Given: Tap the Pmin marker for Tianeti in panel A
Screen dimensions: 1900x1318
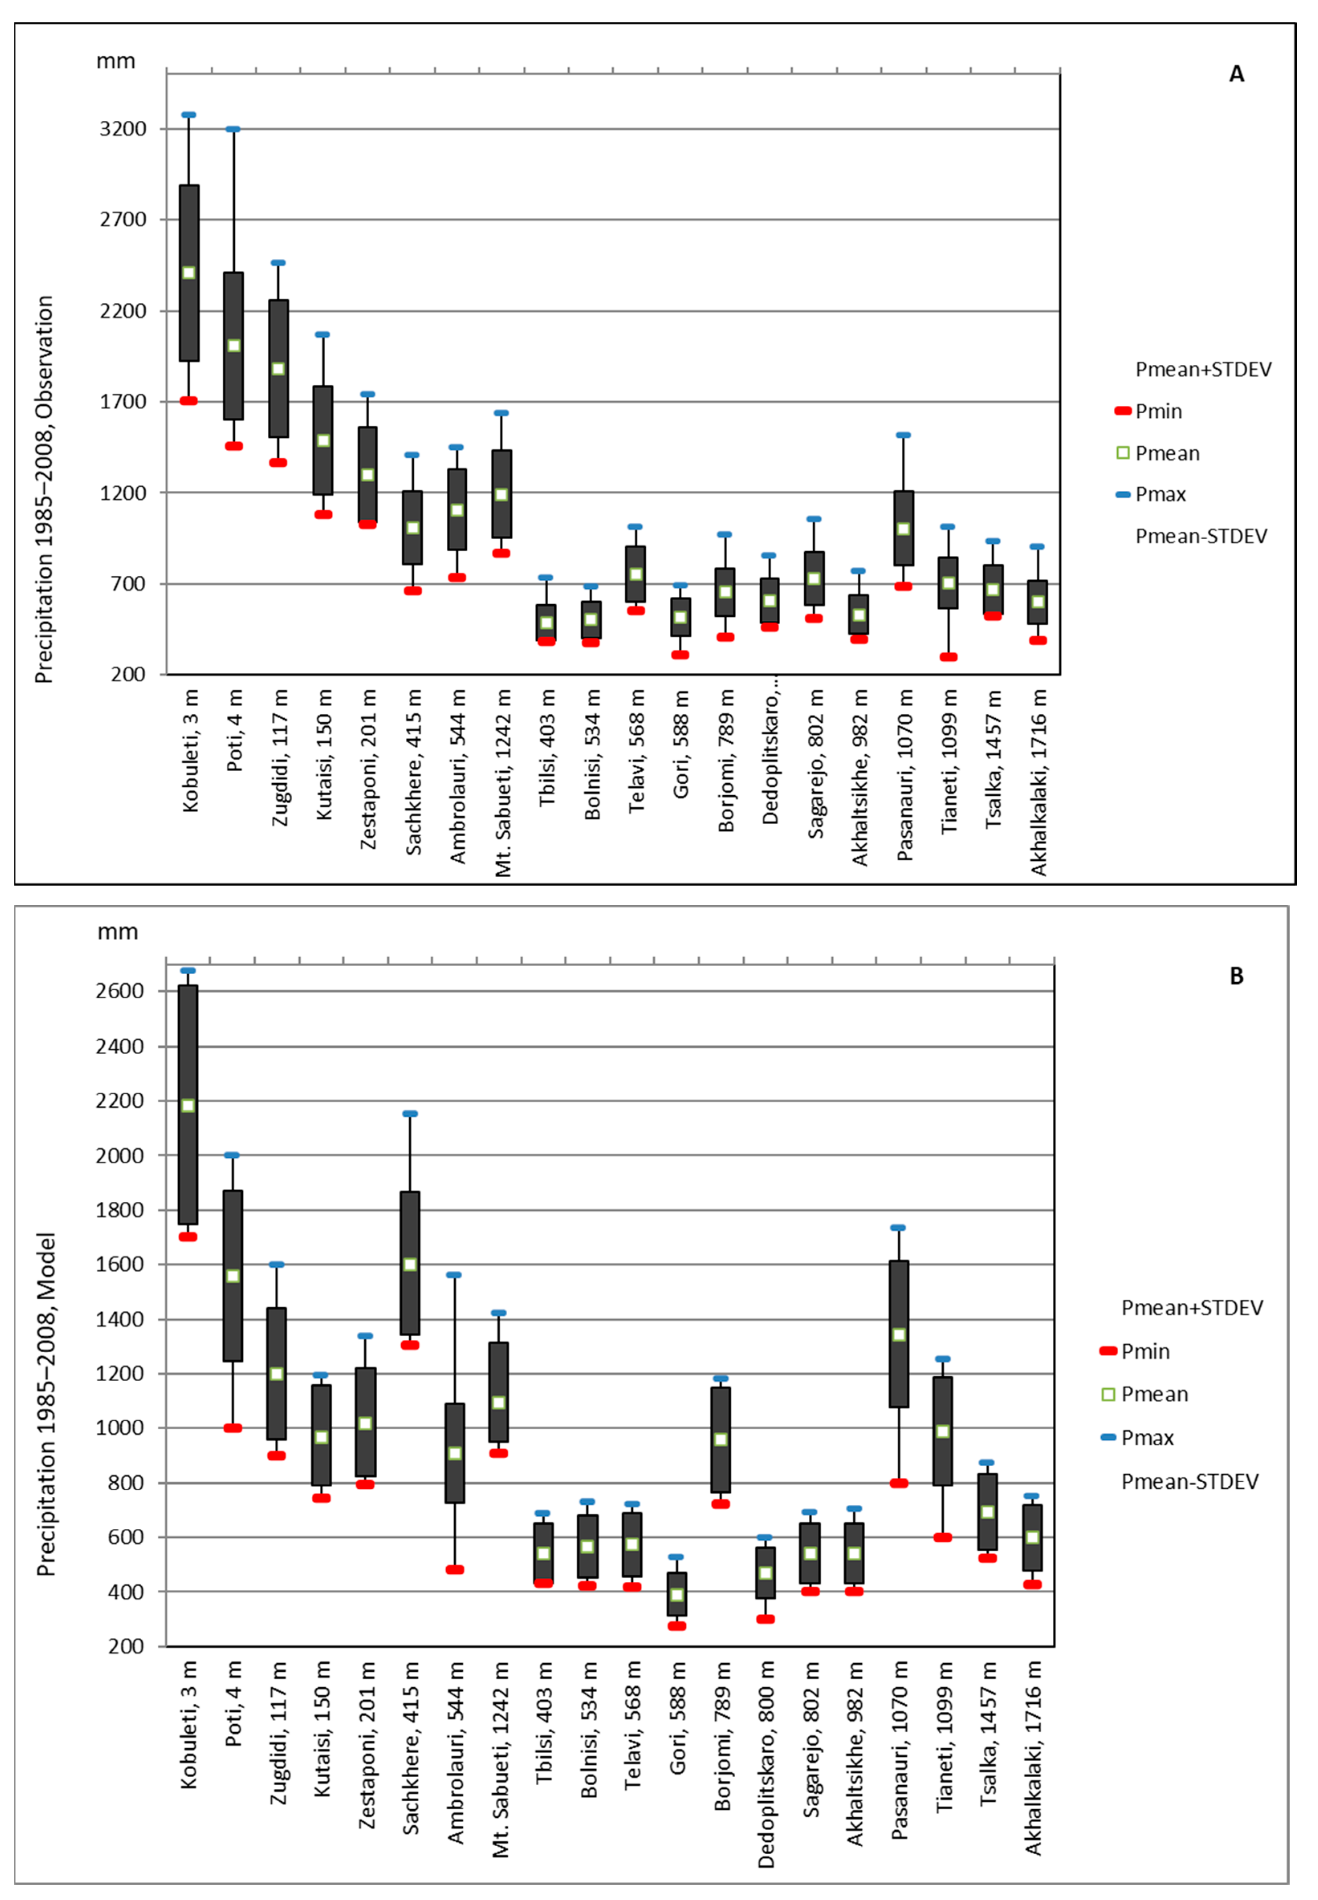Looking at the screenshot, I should [x=948, y=657].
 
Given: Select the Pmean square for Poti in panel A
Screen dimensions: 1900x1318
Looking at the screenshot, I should [x=234, y=345].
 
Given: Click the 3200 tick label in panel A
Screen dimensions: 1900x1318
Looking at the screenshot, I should [x=122, y=129].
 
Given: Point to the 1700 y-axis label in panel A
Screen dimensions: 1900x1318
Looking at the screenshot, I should [x=122, y=402].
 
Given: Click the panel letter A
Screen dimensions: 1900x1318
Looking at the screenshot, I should [x=1236, y=74].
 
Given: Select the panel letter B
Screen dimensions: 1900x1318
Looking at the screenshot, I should [x=1236, y=976].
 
